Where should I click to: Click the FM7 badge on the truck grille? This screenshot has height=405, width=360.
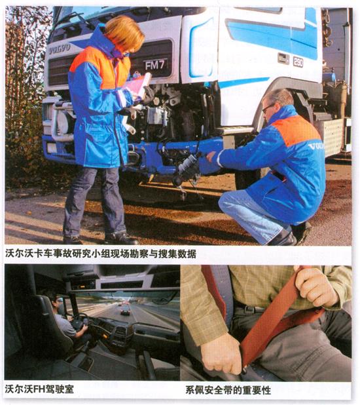tap(155, 66)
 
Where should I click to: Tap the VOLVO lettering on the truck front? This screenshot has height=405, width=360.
tap(60, 48)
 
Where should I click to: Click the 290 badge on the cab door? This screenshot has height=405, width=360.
tap(298, 62)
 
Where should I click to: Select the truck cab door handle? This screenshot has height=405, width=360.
tap(283, 58)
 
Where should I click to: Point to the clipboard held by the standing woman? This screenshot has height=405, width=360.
tap(138, 85)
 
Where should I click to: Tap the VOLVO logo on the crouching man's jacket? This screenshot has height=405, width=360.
tap(317, 146)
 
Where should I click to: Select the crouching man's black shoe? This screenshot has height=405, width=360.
tap(284, 238)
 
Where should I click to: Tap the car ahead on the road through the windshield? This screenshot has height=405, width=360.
tap(126, 311)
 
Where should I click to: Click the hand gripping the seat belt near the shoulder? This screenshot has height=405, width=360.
tap(315, 284)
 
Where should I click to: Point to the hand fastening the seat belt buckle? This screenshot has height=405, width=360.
tap(221, 354)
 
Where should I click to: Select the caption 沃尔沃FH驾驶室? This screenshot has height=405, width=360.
tap(39, 389)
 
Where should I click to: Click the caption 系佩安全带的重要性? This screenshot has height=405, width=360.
tap(228, 390)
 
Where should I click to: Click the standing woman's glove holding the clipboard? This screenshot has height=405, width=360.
tap(148, 95)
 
